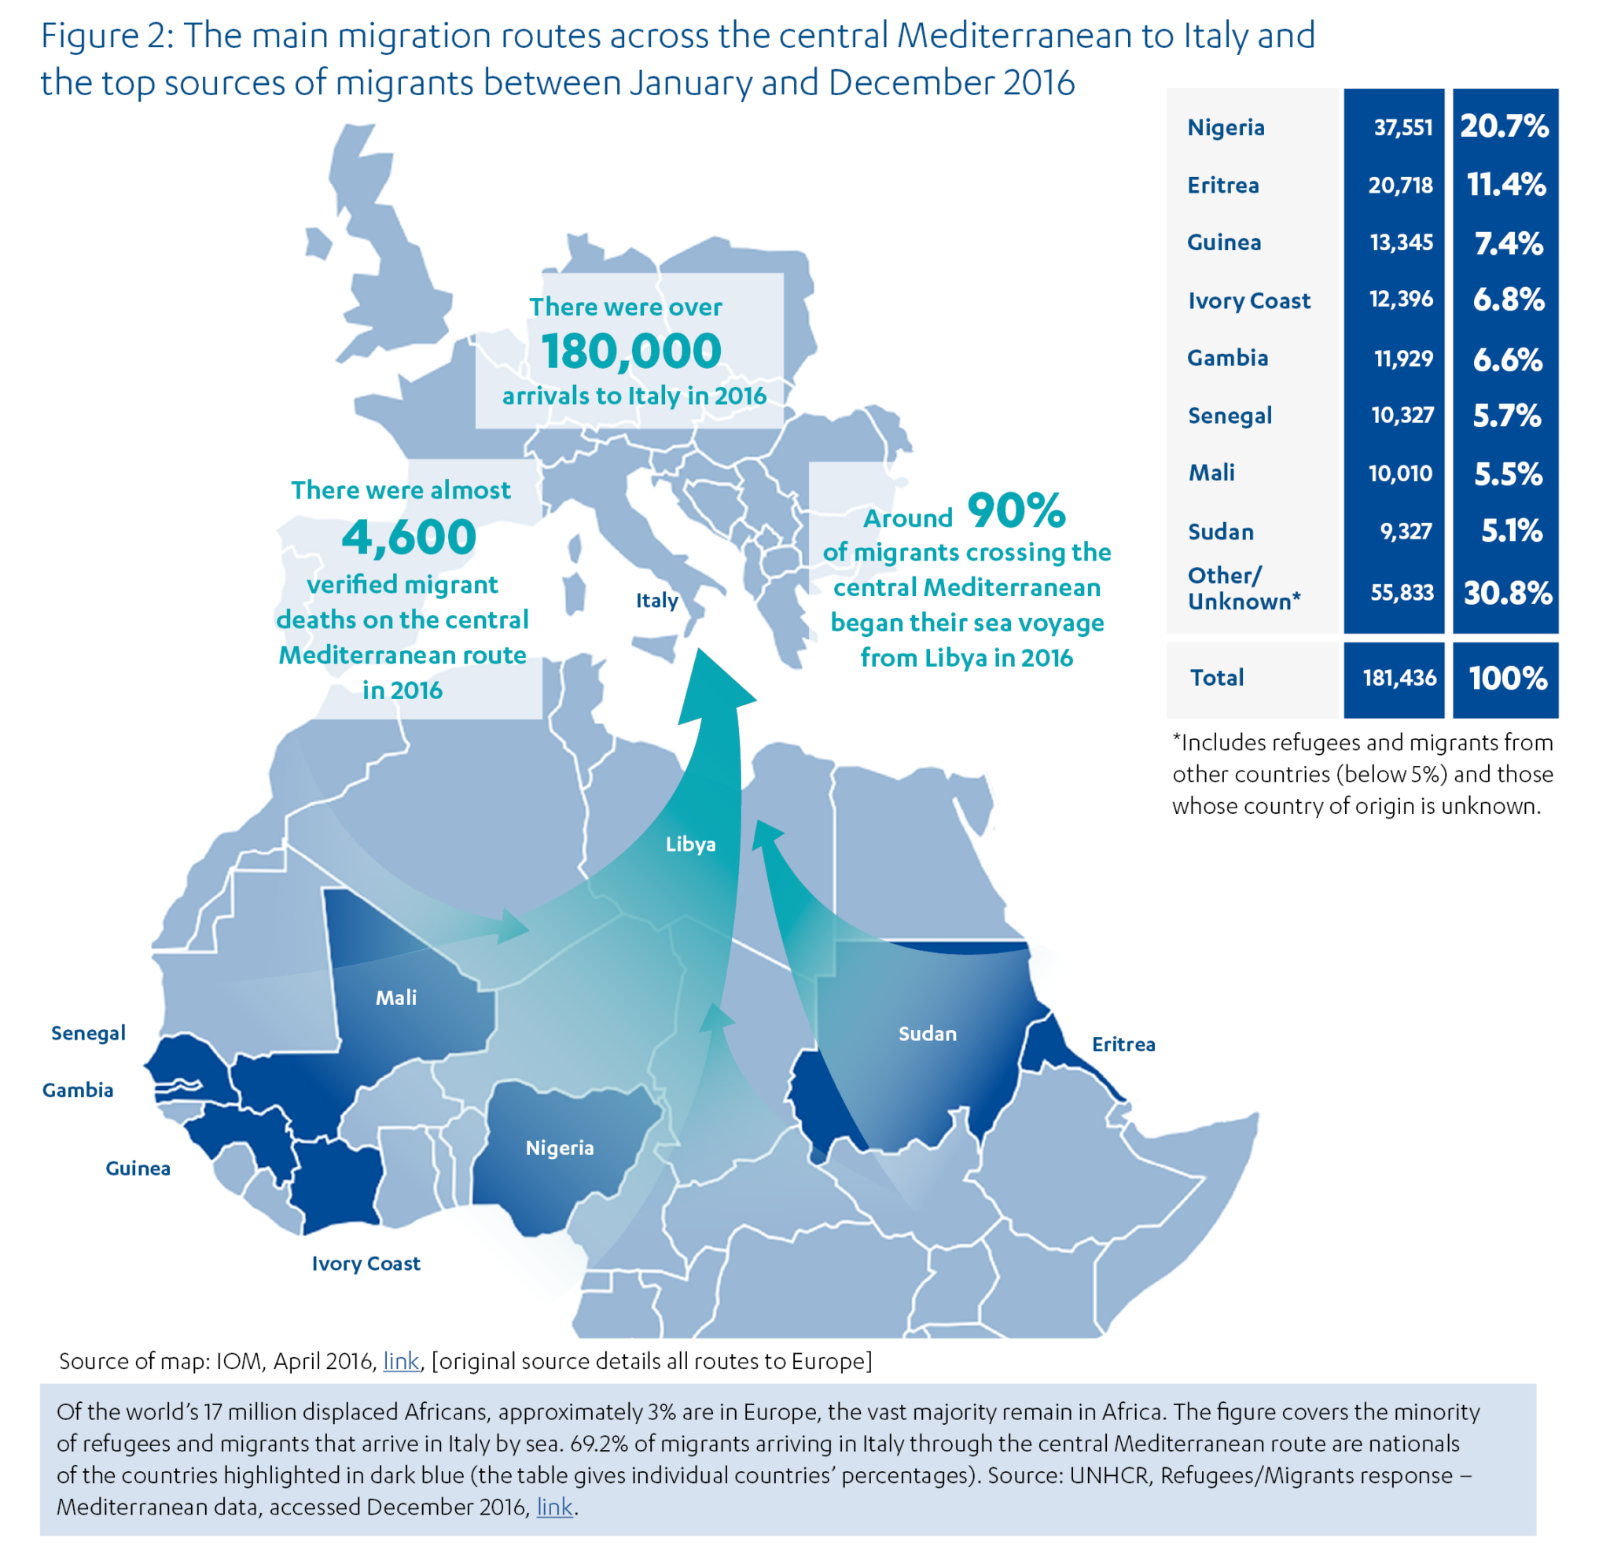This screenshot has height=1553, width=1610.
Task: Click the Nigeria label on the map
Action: click(x=560, y=1148)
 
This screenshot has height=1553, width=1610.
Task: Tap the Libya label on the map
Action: click(x=690, y=844)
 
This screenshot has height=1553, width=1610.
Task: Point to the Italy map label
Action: click(x=656, y=600)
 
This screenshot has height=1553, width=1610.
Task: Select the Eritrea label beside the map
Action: click(x=1123, y=1044)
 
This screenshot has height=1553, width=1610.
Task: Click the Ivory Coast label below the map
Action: click(x=366, y=1263)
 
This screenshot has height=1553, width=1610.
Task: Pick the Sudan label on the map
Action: click(x=928, y=1033)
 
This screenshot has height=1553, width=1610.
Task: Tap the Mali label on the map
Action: click(x=396, y=998)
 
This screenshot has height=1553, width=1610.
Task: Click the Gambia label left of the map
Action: click(x=78, y=1091)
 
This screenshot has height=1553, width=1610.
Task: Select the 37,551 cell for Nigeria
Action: click(x=1403, y=127)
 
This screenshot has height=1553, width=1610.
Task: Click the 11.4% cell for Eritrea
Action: click(x=1506, y=185)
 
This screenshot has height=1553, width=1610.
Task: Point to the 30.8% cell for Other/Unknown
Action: click(x=1507, y=592)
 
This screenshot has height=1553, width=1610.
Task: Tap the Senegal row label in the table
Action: click(x=1230, y=416)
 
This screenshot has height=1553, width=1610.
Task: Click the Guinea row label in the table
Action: click(x=1224, y=242)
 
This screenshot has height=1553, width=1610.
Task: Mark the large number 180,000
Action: click(x=630, y=351)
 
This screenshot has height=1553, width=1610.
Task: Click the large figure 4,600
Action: click(x=408, y=536)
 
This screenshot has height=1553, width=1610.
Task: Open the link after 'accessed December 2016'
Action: click(x=554, y=1507)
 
